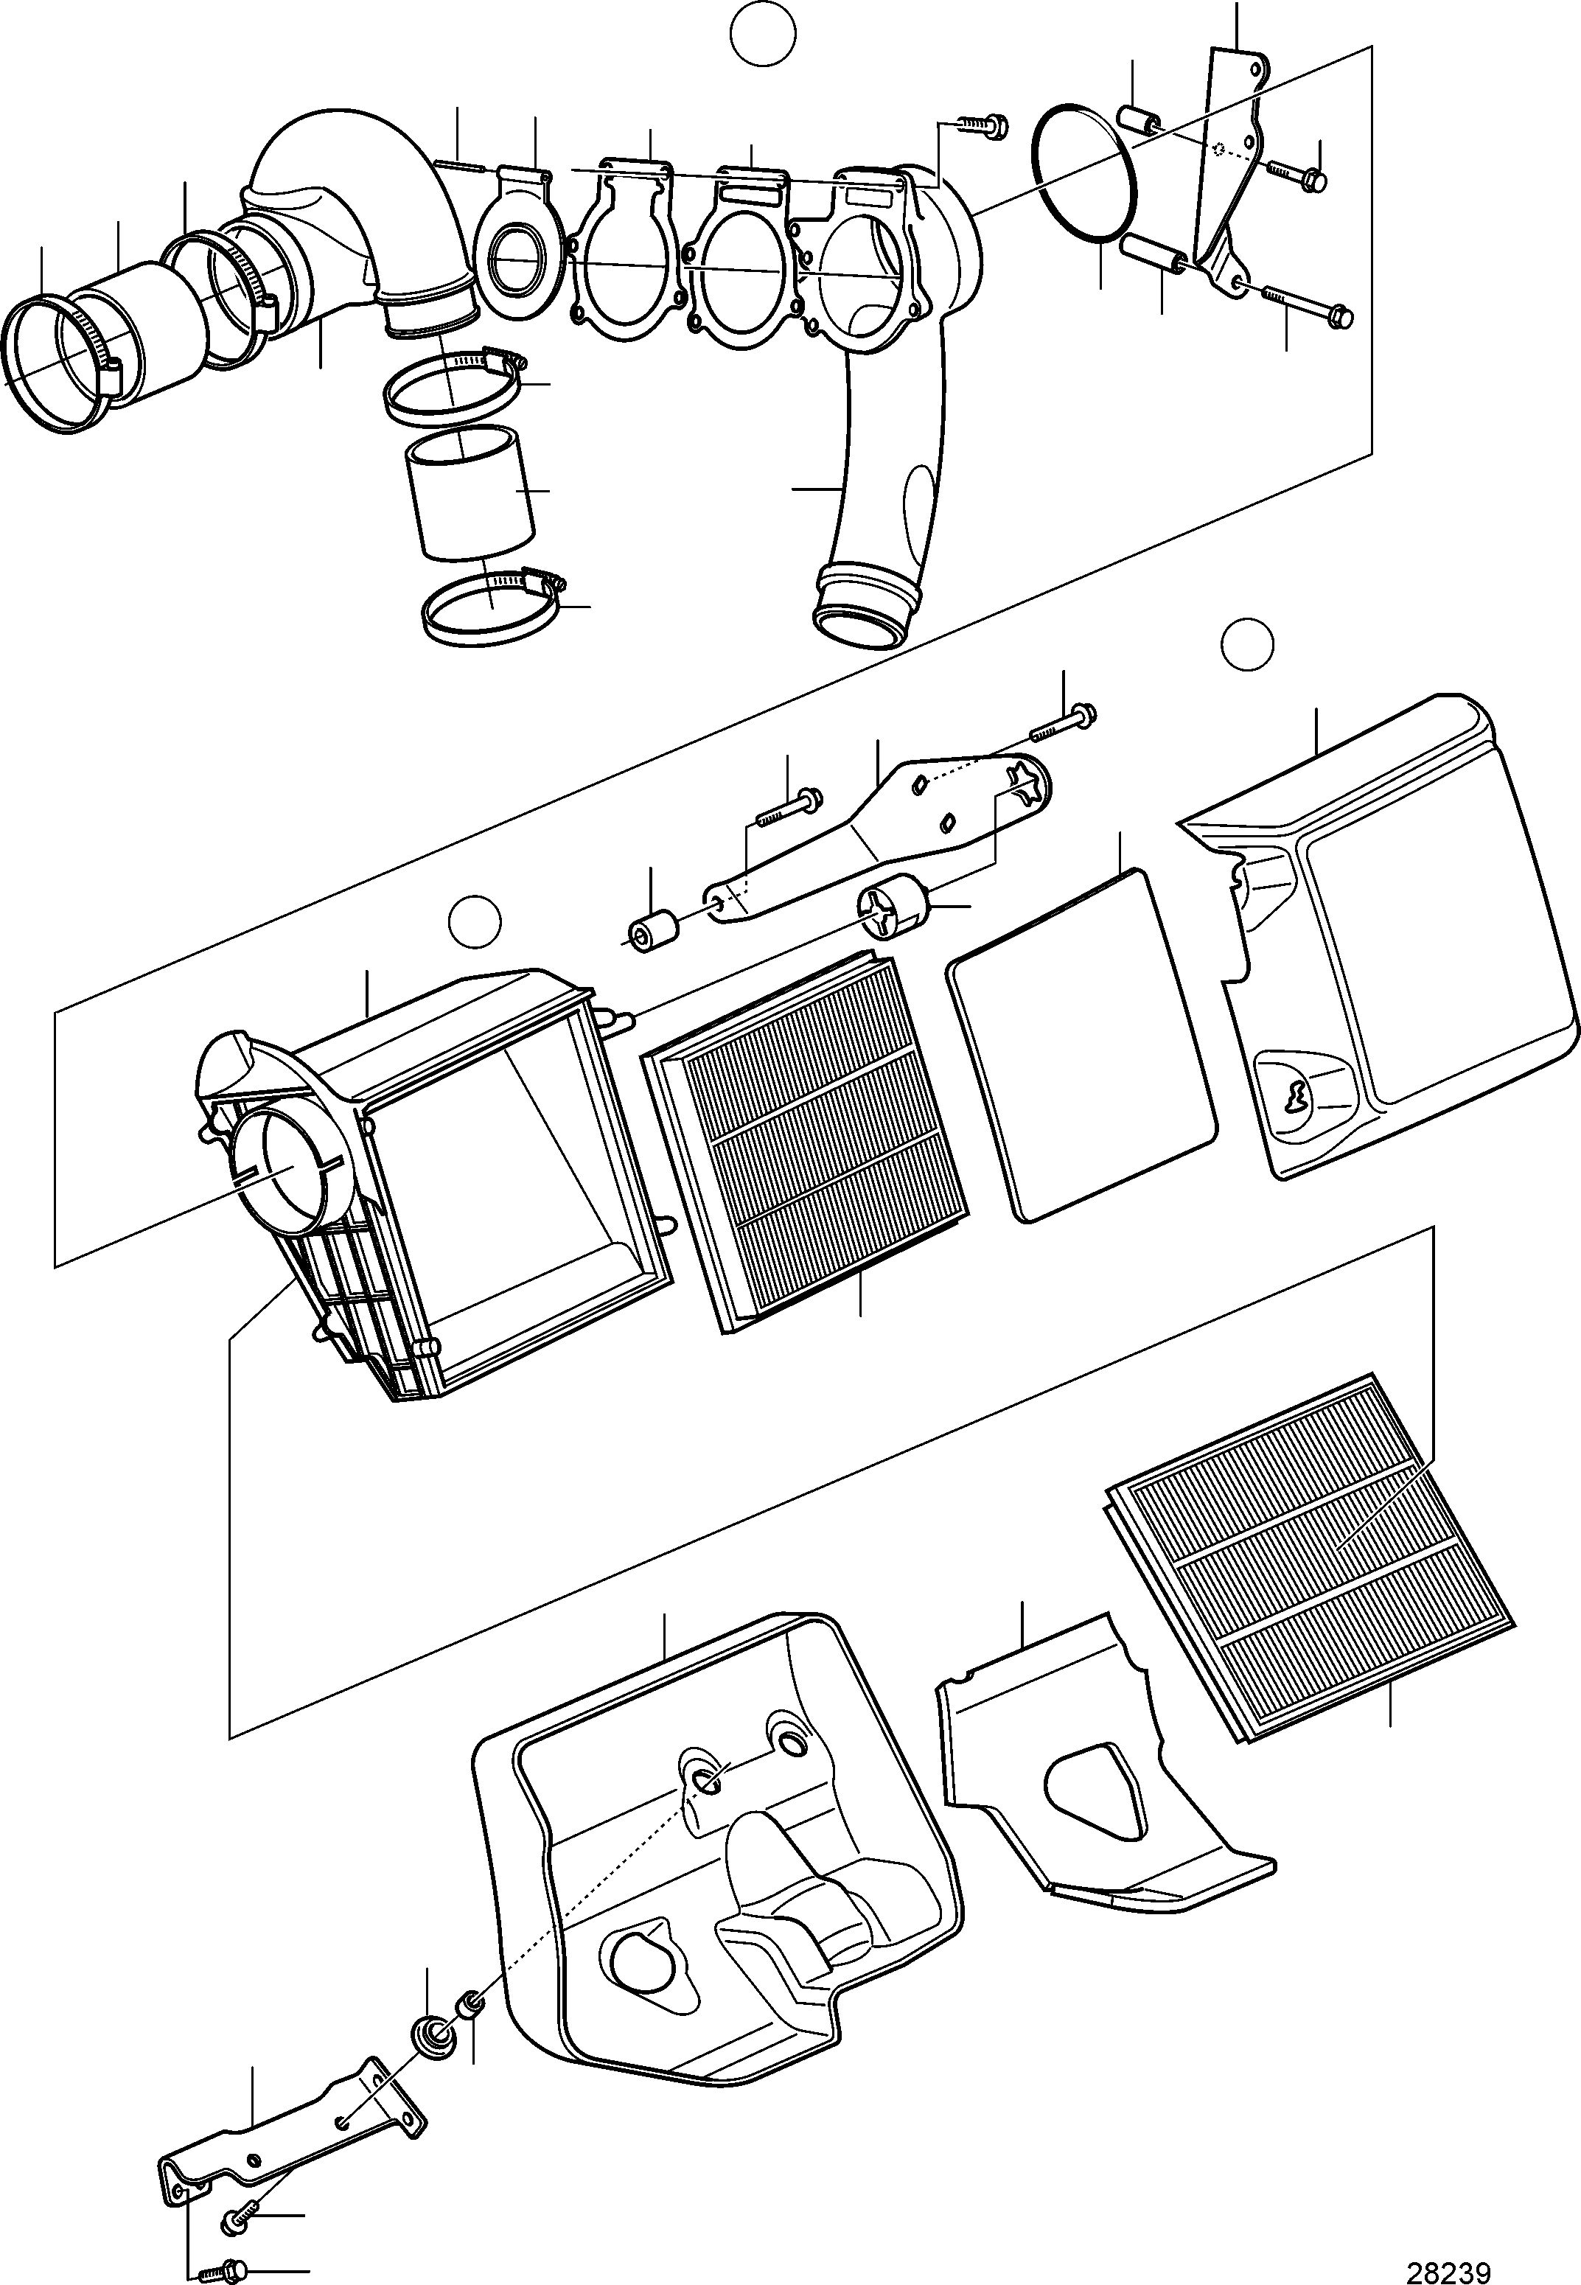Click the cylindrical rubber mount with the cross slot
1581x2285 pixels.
[x=893, y=907]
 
